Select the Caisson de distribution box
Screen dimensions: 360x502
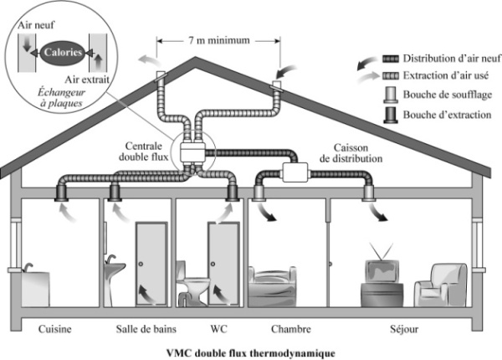click(x=295, y=172)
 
